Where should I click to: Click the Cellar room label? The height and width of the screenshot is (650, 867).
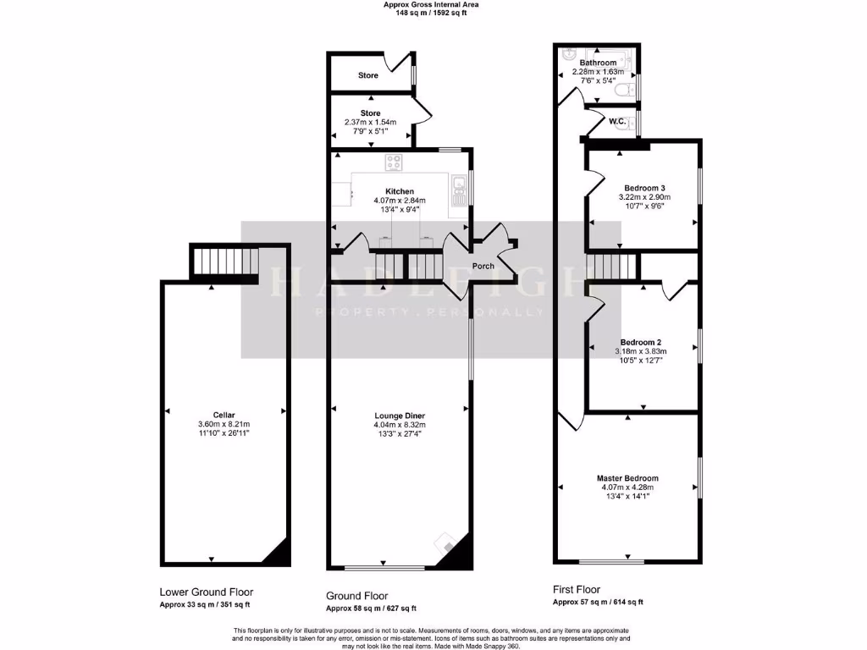224,415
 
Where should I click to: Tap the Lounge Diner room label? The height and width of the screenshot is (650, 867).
400,416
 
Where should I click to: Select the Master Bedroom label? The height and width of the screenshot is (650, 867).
627,478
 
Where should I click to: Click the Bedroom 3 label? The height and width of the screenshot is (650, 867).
644,188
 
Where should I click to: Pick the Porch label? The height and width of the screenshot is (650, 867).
483,267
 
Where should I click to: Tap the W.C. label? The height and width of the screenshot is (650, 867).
617,122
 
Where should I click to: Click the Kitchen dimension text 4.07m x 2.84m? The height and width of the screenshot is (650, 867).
400,201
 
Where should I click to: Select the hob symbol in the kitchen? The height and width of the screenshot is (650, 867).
395,162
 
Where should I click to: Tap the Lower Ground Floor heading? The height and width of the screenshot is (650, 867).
206,592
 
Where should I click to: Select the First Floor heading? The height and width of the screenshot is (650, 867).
577,589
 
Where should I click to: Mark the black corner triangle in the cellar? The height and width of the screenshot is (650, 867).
276,555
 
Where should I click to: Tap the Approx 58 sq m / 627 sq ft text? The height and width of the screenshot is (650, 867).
371,609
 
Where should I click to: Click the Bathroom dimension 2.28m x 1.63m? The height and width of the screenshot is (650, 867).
598,72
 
